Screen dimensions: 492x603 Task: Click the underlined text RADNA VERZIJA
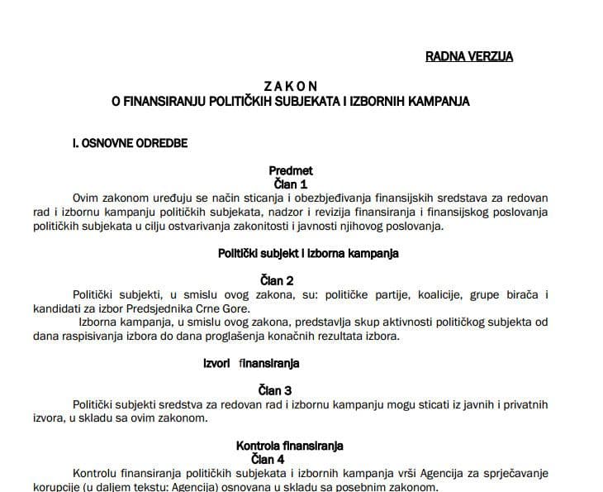pyautogui.click(x=468, y=56)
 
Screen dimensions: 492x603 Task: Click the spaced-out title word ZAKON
pyautogui.click(x=290, y=85)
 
